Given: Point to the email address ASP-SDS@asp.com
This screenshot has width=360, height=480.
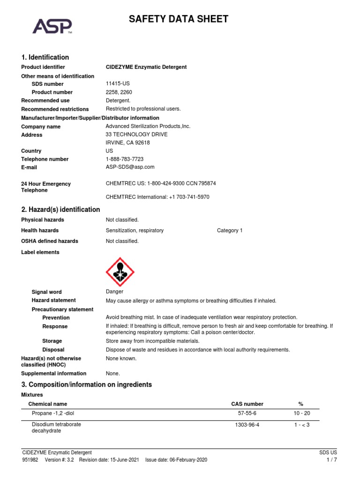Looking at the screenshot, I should (130, 167).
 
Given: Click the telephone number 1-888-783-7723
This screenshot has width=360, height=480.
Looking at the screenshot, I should (125, 159).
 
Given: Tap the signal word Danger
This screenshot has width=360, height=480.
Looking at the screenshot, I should (114, 292).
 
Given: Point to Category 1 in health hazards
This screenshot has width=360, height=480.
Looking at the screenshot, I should (230, 231).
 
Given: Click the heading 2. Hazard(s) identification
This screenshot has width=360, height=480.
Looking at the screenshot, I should (60, 210).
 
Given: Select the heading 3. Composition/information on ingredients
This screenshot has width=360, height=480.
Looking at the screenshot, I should (87, 384).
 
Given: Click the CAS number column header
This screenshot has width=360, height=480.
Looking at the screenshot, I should (247, 404).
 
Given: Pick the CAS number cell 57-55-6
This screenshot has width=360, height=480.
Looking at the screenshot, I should (247, 413).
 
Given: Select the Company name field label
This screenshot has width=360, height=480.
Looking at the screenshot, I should (41, 127).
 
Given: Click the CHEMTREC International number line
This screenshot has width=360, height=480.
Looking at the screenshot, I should (157, 197).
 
